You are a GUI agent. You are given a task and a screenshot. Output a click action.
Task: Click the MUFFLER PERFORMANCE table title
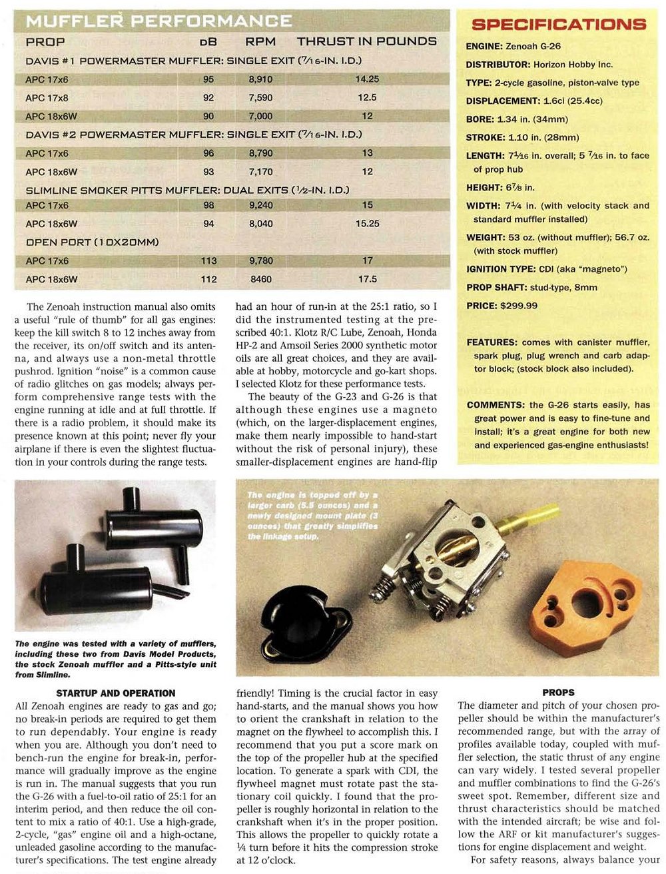click(x=159, y=21)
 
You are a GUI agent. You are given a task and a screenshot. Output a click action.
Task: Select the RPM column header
click(x=260, y=41)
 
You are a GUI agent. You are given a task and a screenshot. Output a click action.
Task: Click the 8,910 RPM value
click(x=260, y=79)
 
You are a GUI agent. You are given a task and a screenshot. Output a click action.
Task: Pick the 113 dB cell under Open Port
click(x=208, y=261)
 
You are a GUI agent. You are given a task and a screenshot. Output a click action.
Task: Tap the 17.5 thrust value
click(x=367, y=279)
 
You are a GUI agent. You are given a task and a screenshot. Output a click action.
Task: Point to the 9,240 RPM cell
click(x=260, y=206)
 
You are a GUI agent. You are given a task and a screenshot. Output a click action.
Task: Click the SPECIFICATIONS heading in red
click(x=558, y=25)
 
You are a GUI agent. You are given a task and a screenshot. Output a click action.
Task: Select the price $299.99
click(x=519, y=306)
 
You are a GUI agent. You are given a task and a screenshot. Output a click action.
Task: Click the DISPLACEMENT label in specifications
click(x=503, y=101)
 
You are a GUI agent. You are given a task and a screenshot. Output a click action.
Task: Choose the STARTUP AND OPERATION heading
click(x=116, y=693)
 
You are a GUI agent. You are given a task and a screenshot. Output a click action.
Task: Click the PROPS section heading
click(x=558, y=693)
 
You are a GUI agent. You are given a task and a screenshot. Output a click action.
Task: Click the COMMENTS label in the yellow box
click(x=496, y=405)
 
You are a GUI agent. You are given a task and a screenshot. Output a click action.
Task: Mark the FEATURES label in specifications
click(x=492, y=342)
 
